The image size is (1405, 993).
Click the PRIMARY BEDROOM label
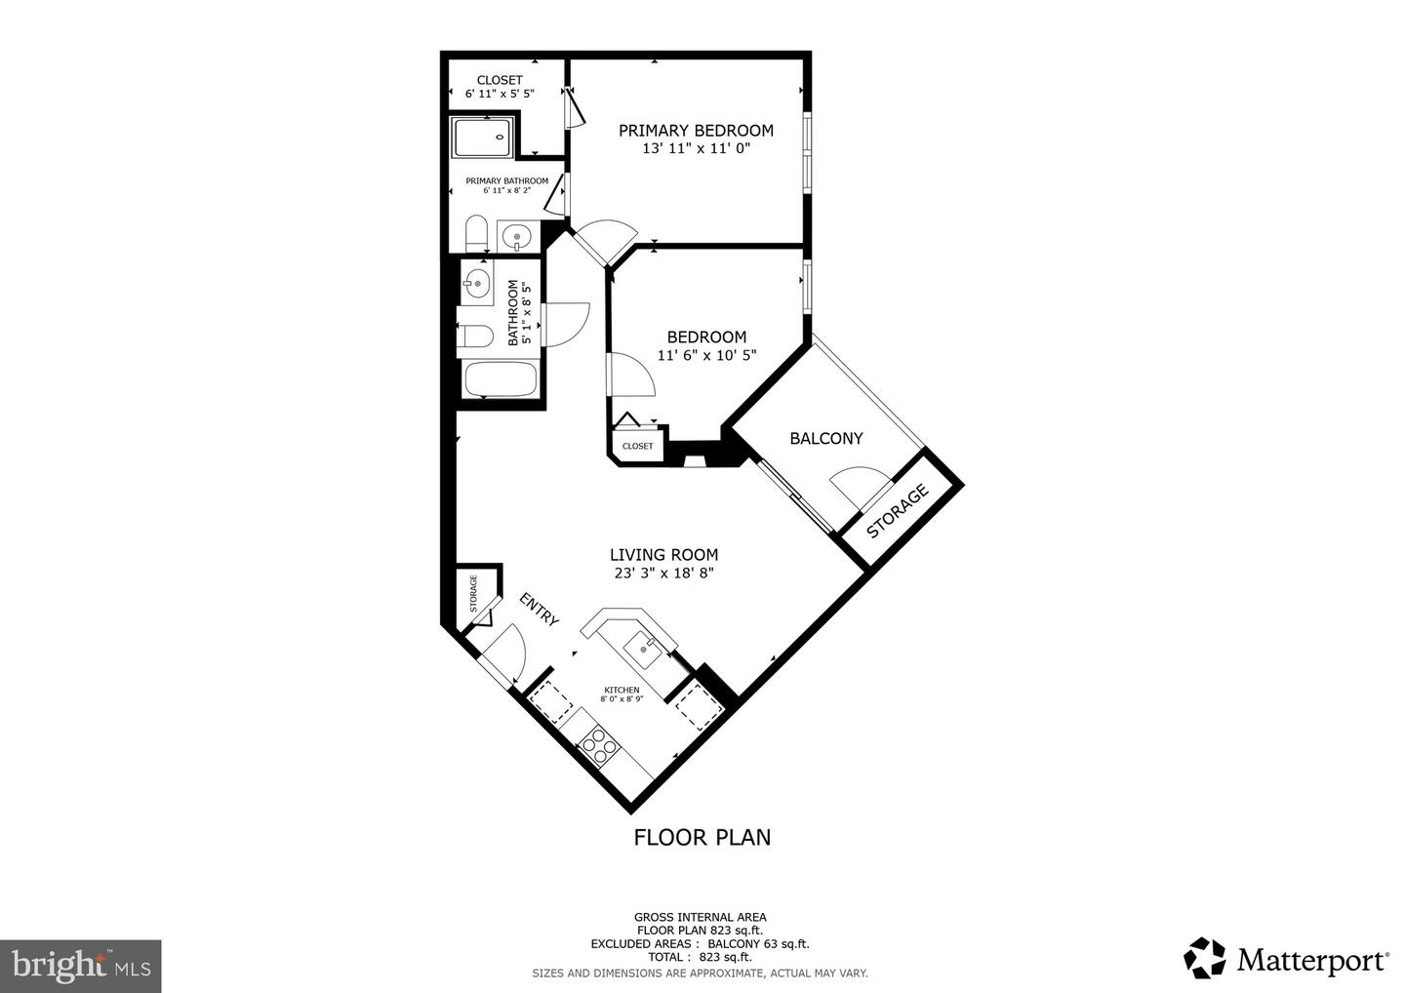coord(696,131)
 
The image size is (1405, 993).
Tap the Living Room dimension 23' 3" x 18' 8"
coord(664,574)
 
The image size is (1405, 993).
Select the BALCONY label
coord(825,439)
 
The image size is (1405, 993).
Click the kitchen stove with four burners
coord(599,747)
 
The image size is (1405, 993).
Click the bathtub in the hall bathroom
coord(500,379)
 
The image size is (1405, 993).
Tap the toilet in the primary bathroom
coord(476,234)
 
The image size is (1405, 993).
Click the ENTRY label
coord(539,611)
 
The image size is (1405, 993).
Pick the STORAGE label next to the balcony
coord(898,513)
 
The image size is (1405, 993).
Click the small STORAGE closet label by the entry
coord(474,593)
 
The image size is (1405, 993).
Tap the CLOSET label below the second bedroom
coord(637,446)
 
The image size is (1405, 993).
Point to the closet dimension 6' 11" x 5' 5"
coord(500,95)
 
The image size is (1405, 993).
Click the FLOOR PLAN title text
coord(702,837)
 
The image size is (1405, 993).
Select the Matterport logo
coord(1287,960)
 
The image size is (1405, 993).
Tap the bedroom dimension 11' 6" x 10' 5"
coord(706,356)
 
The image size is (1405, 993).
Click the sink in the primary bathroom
coord(516,236)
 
